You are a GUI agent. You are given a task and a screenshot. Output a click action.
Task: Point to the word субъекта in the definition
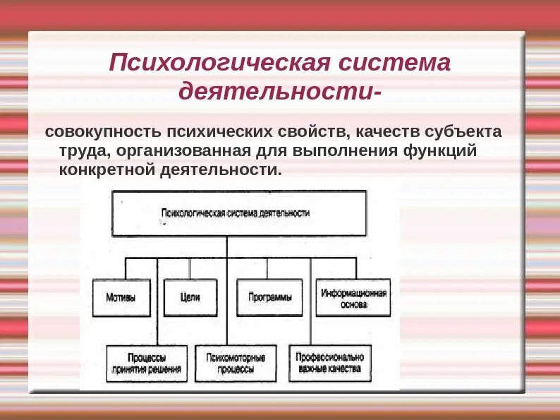469,132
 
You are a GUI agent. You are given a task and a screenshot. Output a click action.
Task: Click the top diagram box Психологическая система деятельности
238,212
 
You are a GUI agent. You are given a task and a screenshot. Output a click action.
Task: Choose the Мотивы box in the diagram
122,297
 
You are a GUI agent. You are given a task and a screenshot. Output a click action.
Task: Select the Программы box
269,297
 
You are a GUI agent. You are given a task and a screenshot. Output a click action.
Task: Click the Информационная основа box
354,297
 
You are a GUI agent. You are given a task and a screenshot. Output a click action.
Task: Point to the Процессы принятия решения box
147,363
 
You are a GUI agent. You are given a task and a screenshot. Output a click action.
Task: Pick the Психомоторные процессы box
236,363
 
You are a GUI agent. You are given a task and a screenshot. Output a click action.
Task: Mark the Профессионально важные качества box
329,363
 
